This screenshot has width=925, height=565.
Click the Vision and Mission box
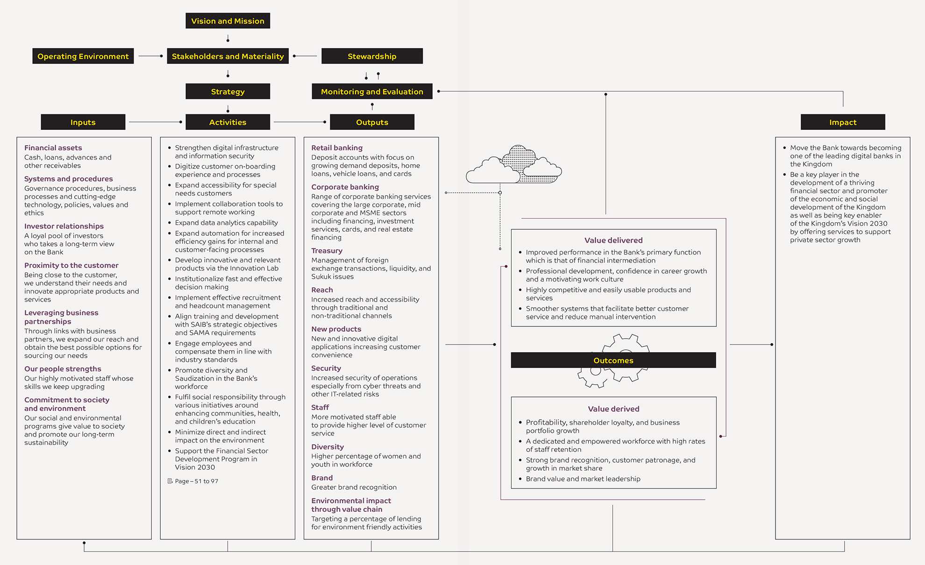(228, 21)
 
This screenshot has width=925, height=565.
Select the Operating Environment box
(83, 56)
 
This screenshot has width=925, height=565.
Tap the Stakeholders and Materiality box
(228, 56)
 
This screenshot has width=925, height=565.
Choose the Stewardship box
(372, 56)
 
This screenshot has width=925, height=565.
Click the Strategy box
(228, 92)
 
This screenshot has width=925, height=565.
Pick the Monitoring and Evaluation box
(372, 92)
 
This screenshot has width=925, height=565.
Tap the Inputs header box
(83, 122)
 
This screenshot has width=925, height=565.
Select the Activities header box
(228, 122)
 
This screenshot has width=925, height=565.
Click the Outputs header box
(372, 122)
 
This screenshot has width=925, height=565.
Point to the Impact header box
(843, 122)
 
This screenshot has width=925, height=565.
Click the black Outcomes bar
(613, 360)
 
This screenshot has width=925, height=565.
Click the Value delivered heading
(613, 240)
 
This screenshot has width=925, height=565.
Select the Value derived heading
(613, 409)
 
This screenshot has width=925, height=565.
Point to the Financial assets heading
(53, 148)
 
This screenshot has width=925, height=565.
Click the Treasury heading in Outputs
(327, 251)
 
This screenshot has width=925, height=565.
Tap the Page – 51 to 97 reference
(193, 481)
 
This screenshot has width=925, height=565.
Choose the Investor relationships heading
(64, 226)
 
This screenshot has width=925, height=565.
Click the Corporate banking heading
(345, 187)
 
